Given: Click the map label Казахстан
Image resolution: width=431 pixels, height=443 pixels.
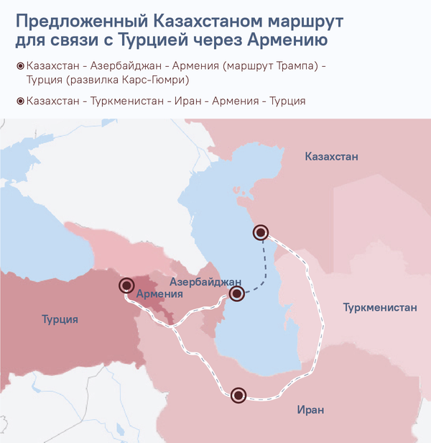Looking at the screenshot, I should tap(331, 157).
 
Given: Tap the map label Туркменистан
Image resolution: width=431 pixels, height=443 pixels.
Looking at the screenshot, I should tap(380, 308).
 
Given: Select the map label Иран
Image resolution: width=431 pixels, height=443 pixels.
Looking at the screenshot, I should tap(311, 410).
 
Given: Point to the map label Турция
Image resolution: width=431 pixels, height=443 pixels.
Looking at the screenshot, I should tap(60, 319).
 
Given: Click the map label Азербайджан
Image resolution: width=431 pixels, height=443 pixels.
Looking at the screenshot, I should tap(205, 280).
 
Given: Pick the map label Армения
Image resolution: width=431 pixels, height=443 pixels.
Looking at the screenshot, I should tap(159, 294).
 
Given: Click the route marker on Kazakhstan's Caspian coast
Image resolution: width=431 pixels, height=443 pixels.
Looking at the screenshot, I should tap(261, 232).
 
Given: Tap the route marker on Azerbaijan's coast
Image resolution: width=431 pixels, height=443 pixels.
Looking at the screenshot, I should tap(237, 293).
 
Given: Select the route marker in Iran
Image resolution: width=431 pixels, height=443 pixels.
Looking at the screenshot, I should tap(238, 395).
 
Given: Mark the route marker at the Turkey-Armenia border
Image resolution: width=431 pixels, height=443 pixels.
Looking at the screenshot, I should tap(126, 286).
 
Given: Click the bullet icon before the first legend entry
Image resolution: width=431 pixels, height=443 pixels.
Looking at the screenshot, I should tap(19, 66).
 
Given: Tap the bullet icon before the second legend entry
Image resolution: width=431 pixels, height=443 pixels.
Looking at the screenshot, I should tap(19, 101).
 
